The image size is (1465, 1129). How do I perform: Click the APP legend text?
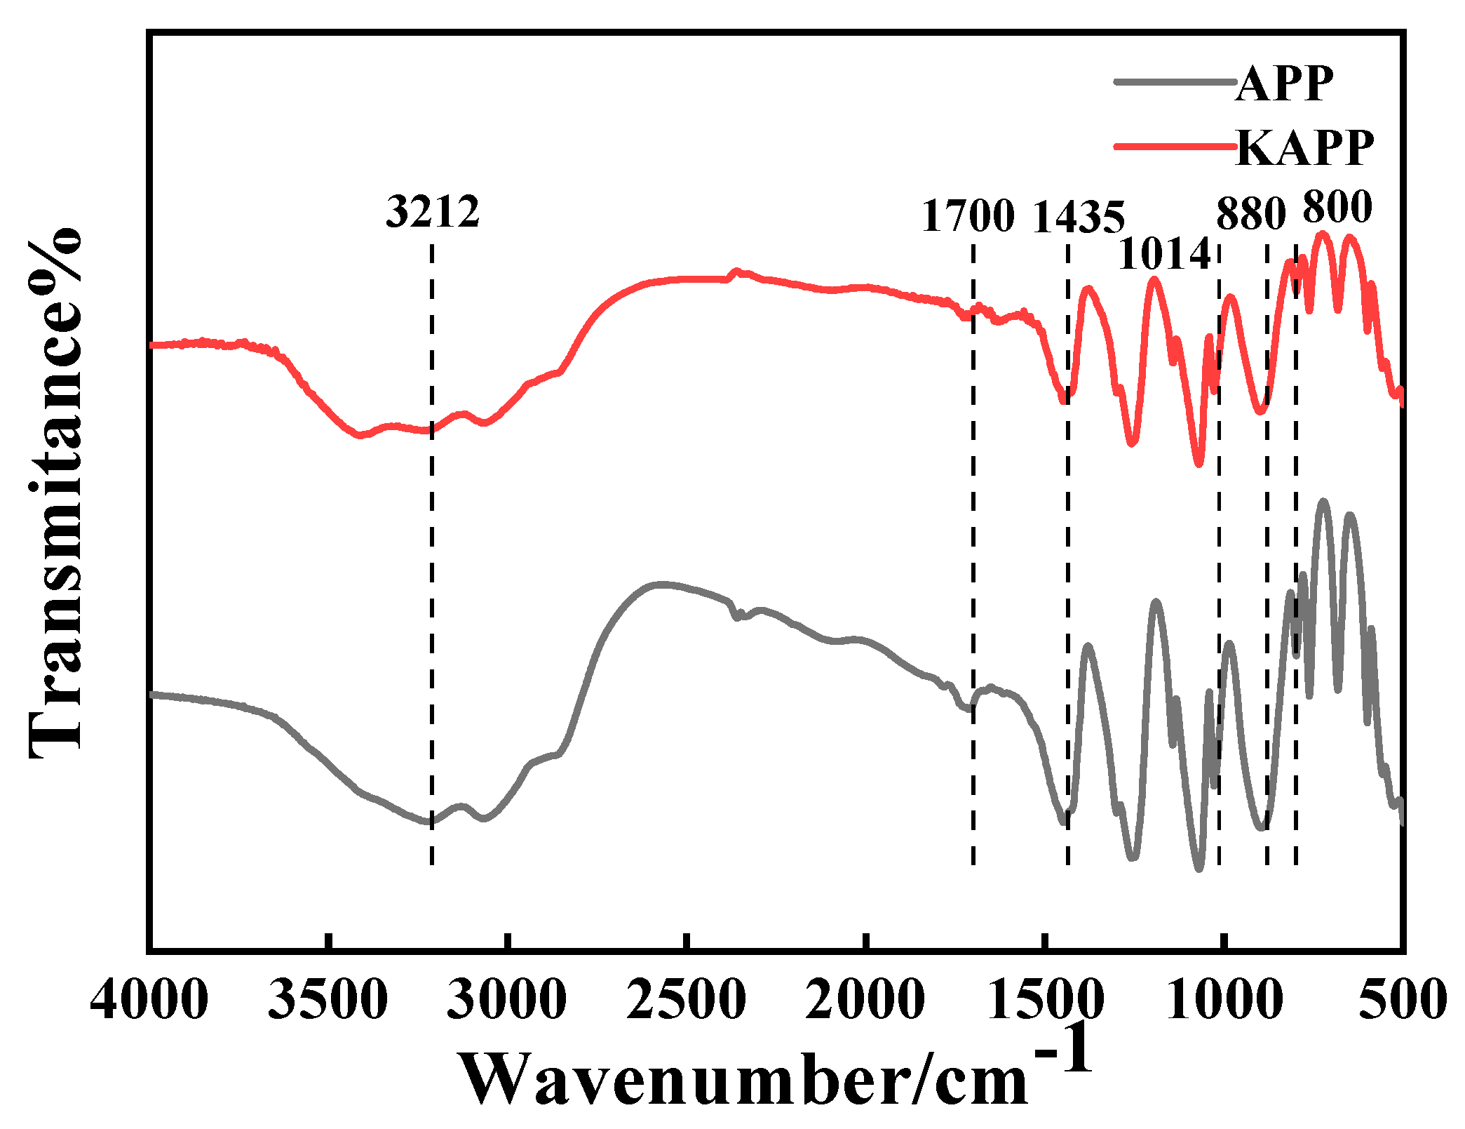[1284, 85]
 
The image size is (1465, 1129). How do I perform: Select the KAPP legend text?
[1304, 148]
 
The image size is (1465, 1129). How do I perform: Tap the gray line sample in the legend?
[1175, 82]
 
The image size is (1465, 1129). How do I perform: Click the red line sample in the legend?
[1175, 145]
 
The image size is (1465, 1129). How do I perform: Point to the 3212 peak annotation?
[433, 211]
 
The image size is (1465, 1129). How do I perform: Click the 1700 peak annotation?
[968, 215]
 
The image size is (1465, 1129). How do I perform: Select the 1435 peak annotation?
[1079, 217]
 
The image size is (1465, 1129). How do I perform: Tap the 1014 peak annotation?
[1164, 253]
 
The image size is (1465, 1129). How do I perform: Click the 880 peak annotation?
[1250, 214]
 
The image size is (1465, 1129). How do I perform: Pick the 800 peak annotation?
[1337, 207]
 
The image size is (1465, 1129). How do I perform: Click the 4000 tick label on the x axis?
[149, 1000]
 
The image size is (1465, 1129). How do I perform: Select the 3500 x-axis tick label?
[328, 1000]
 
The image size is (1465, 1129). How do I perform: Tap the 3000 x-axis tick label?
[507, 1000]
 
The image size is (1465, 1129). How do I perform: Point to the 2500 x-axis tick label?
[686, 1000]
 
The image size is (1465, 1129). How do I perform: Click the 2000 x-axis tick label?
[865, 1000]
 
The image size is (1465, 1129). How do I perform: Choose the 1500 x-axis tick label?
[1045, 1000]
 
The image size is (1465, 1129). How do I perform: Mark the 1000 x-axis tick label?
[1224, 1000]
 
